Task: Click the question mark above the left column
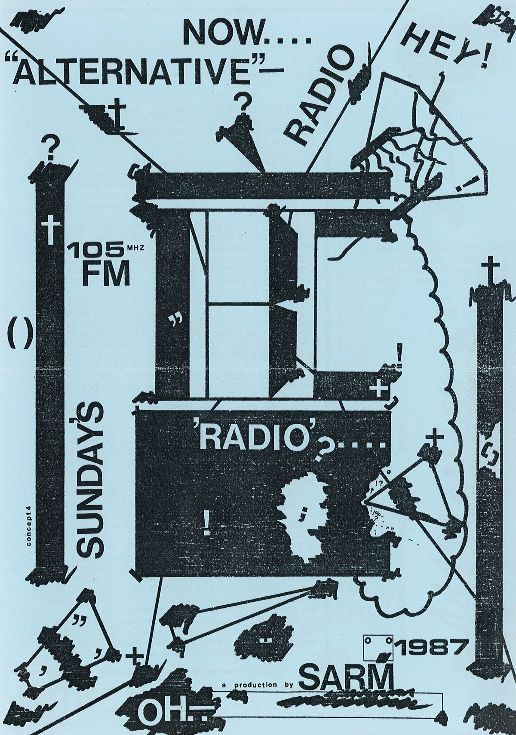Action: (51, 149)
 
